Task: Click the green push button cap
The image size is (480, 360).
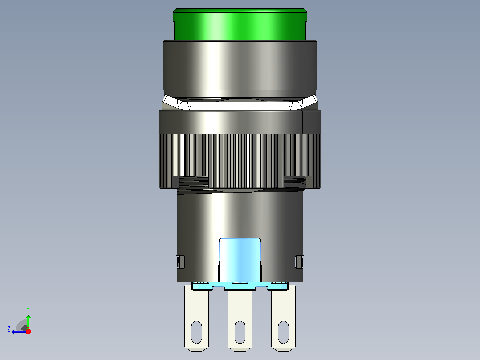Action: coord(240,24)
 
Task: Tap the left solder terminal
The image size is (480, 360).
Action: coord(196,318)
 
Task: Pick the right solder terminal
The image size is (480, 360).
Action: coord(284,318)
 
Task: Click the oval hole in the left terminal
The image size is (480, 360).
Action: coord(196,332)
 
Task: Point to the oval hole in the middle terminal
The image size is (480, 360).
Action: coord(240,332)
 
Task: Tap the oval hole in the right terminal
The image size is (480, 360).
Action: coord(284,332)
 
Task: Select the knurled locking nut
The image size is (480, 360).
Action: coord(240,161)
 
